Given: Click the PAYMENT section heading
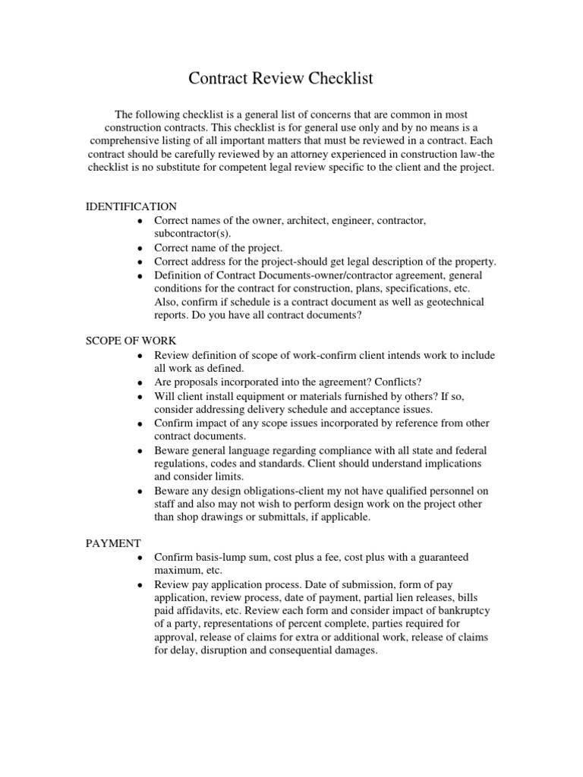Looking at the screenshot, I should tap(112, 543).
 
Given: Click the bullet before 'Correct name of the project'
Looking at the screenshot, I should tap(140, 248).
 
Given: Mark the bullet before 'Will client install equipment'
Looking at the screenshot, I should tap(140, 397).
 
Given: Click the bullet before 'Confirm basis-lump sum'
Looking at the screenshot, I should tap(140, 558).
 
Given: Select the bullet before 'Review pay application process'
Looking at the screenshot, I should tap(140, 585).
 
